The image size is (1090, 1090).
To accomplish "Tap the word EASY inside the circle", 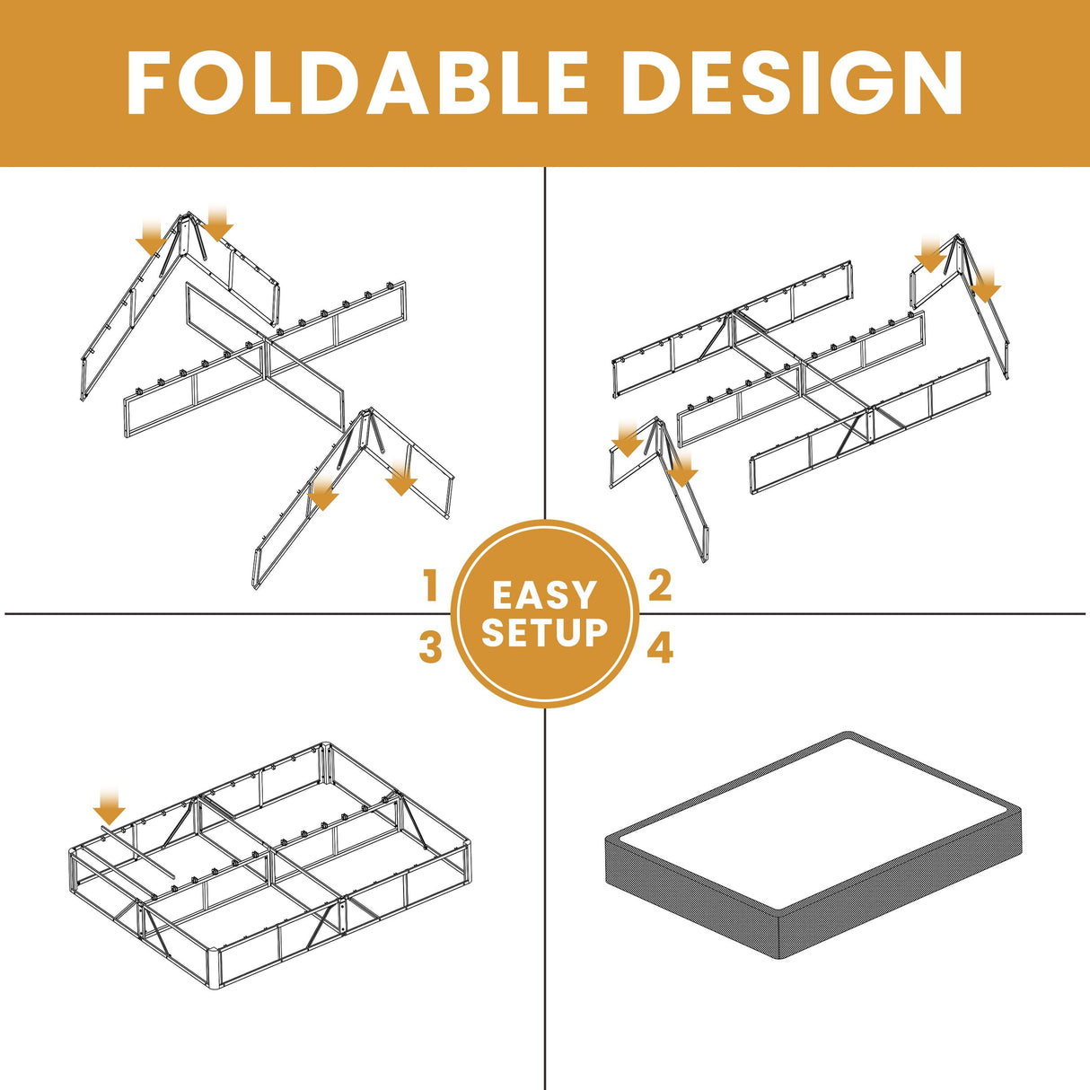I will (x=544, y=594).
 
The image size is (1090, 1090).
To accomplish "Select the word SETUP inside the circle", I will (x=544, y=632).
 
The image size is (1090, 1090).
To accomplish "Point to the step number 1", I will (x=431, y=586).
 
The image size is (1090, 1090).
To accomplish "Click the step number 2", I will (x=660, y=586).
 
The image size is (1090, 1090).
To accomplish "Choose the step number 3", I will (x=431, y=646).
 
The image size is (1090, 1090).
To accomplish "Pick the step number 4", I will (x=660, y=648).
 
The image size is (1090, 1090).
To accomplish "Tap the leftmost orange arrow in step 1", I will (x=150, y=238).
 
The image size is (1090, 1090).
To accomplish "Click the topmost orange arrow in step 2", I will (x=930, y=255).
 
